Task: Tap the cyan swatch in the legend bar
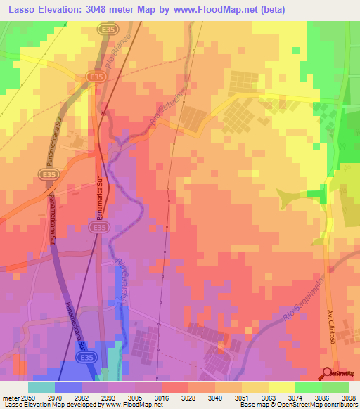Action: pos(41,387)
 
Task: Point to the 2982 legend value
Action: pos(82,396)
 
